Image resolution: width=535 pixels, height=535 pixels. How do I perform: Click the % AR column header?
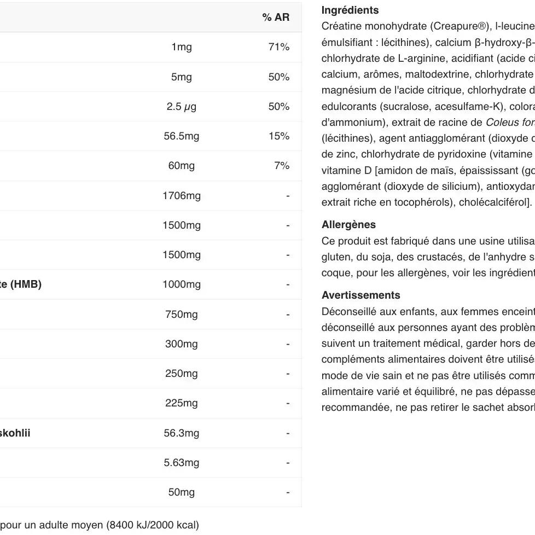coord(276,18)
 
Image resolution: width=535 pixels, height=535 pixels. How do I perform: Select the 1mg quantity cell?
coord(181,47)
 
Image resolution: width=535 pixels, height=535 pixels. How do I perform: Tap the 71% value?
coord(278,47)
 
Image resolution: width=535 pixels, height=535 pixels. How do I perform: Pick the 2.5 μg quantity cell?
coord(181,107)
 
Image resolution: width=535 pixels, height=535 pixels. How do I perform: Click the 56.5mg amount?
coord(181,136)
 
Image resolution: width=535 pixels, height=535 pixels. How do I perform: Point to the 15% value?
coord(278,136)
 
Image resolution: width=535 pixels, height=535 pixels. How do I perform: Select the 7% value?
coord(281,166)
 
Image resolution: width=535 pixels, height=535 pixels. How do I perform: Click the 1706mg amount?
coord(181,196)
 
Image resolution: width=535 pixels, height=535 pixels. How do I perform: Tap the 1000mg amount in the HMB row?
coord(181,284)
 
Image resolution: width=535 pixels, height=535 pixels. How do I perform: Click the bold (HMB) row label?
coord(21,284)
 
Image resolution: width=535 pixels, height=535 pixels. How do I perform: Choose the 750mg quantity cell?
coord(181,315)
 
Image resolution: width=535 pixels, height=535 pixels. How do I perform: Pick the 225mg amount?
coord(181,403)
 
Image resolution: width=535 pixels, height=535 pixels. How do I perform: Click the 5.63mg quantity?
coord(181,463)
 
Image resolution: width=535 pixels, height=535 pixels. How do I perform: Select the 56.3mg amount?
coord(181,433)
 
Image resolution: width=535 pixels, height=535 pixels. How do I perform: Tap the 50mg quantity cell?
coord(181,492)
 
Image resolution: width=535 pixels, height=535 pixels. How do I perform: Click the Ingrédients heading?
coord(350,10)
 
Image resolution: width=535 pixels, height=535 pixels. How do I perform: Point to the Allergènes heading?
coord(348,225)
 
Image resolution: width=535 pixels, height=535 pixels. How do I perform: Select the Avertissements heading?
coord(360,295)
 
